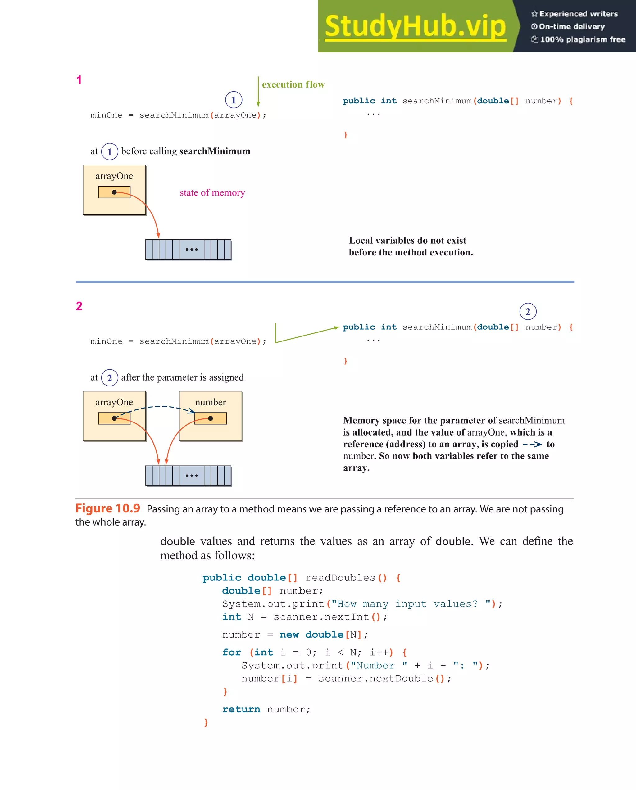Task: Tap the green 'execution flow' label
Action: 293,85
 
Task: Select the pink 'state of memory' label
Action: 212,193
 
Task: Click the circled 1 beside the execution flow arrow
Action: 234,100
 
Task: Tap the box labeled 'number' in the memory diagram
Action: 211,416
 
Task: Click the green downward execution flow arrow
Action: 258,92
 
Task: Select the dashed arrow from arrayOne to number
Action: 158,407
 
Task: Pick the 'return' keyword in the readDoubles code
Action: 241,709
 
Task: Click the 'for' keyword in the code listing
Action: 231,652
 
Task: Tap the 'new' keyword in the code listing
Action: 289,634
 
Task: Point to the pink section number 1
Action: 79,80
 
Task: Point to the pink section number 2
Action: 79,306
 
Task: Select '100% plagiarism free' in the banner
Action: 583,39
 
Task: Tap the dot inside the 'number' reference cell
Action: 211,418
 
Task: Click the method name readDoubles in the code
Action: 340,578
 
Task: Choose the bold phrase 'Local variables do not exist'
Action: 407,240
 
